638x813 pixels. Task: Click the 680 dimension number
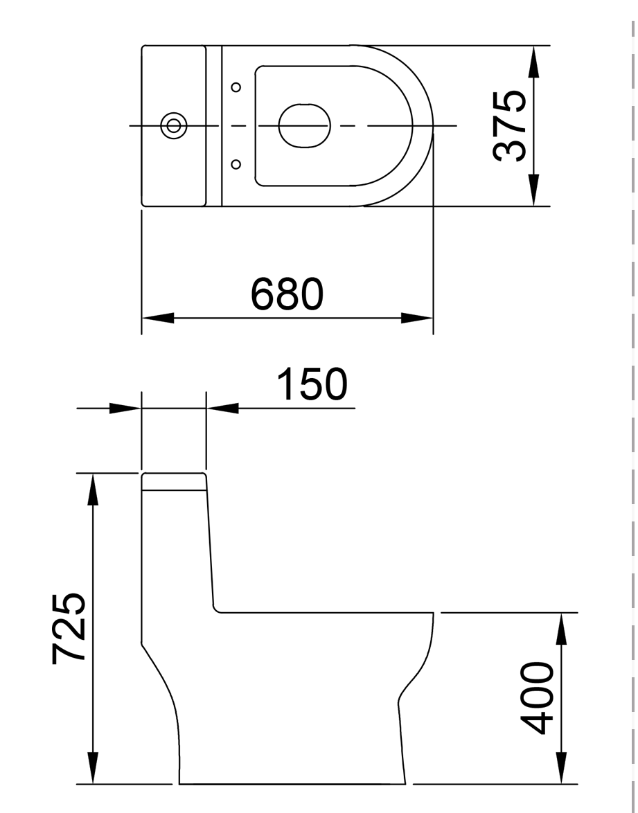coord(287,294)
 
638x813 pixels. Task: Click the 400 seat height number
coord(538,697)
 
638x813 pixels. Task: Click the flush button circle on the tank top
coord(174,125)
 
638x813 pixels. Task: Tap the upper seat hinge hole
coord(236,87)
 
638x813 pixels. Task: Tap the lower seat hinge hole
coord(236,164)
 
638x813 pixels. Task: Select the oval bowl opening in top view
coord(305,125)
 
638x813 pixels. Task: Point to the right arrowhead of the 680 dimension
coord(417,318)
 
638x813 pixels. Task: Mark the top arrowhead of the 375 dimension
coord(534,62)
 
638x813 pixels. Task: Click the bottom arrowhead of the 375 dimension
coord(534,190)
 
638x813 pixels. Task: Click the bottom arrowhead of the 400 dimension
coord(562,768)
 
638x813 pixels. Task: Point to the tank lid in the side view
coord(174,481)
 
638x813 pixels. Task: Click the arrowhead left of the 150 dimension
coord(125,408)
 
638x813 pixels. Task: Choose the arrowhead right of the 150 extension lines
coord(222,408)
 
